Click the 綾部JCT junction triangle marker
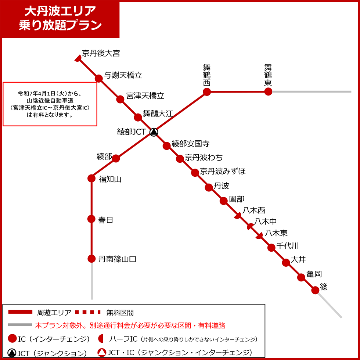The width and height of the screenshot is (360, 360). (154, 132)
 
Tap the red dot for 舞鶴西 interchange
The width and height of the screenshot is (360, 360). (207, 91)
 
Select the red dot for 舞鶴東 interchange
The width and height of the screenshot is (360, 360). (268, 91)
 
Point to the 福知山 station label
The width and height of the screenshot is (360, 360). (110, 179)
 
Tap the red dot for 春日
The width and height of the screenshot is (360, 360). (91, 219)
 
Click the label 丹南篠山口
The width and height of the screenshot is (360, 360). (117, 259)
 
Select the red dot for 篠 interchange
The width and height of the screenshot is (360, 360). (315, 290)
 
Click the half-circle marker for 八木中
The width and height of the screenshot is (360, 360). (250, 227)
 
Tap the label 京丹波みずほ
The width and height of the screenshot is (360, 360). (223, 171)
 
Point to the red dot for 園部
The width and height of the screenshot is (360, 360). (224, 201)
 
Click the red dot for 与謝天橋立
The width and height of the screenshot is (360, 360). (98, 78)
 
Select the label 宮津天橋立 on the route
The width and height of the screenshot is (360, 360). (145, 96)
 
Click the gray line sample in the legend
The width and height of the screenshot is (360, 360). (20, 325)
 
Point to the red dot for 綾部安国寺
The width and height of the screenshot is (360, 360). (166, 145)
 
